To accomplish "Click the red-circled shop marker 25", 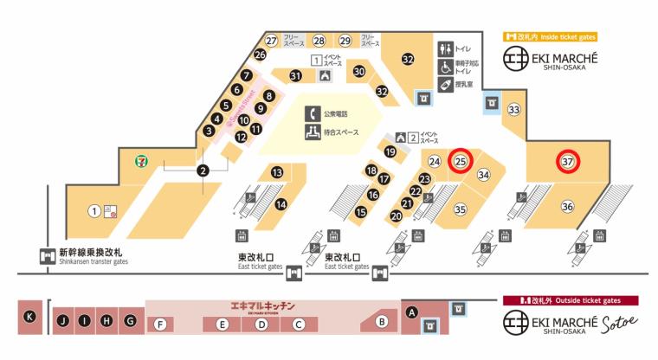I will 461,161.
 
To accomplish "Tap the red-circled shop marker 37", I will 568,162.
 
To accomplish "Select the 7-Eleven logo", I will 140,160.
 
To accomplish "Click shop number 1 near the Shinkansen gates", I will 94,210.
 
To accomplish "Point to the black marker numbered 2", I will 203,170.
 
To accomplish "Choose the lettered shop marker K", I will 30,317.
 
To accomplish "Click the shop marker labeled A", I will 412,312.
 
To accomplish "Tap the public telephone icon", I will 312,113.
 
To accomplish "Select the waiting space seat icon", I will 312,132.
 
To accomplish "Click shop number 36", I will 567,206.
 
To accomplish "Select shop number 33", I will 514,110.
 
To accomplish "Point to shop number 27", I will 271,41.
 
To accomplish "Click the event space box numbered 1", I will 317,60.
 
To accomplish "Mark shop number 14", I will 281,204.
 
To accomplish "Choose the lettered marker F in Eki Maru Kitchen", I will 159,324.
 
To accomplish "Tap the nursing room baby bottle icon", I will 445,83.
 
